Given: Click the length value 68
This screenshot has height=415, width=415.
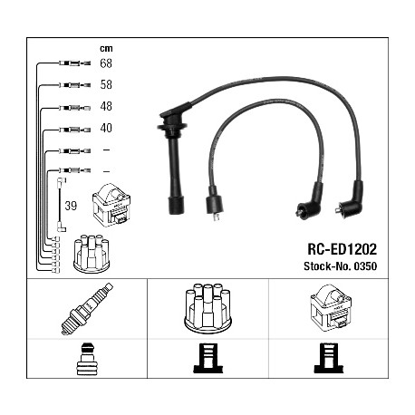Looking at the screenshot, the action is pyautogui.click(x=106, y=63).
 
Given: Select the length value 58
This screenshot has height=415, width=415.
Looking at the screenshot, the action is pyautogui.click(x=106, y=84).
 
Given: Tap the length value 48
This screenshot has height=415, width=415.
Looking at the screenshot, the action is pyautogui.click(x=106, y=106).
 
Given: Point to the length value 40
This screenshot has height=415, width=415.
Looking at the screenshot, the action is pyautogui.click(x=106, y=128).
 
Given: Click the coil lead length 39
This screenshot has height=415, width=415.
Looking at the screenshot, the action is pyautogui.click(x=71, y=206).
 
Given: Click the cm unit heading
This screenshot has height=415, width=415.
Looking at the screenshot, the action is pyautogui.click(x=106, y=48).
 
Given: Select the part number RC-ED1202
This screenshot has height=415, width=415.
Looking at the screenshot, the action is pyautogui.click(x=342, y=249).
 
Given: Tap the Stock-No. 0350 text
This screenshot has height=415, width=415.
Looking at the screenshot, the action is pyautogui.click(x=340, y=266).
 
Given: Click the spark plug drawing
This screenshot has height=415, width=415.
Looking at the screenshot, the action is pyautogui.click(x=87, y=309).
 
